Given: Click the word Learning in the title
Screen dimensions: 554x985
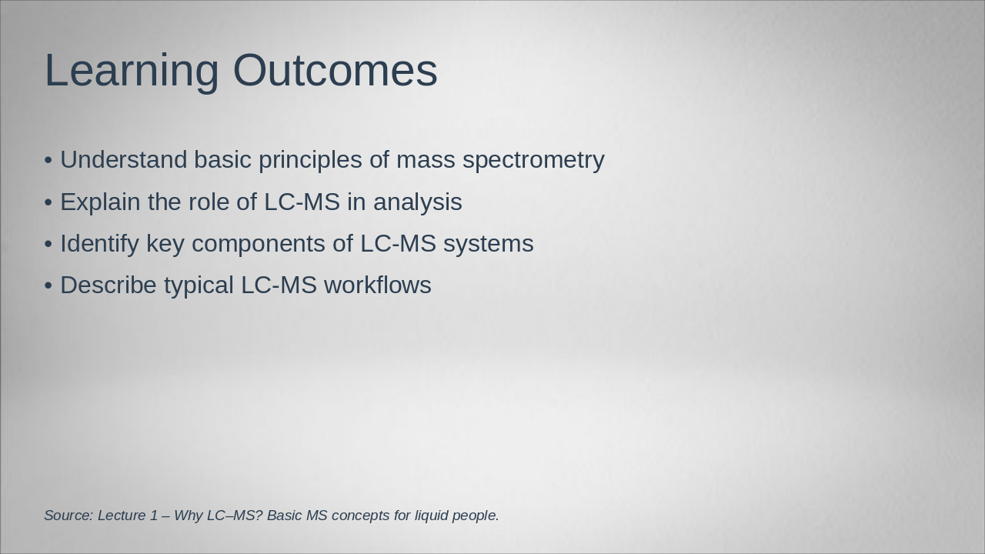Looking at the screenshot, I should coord(132,71).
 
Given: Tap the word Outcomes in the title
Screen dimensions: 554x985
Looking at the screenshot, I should coord(335,71).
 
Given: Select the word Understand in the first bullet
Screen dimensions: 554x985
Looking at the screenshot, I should coord(124,160).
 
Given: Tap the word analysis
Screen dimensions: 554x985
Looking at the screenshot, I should coord(418,202).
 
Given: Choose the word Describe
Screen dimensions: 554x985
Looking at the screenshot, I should coord(109,285).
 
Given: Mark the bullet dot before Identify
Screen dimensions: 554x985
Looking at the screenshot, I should coord(48,244).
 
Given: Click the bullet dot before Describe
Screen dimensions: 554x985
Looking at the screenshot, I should coord(48,285).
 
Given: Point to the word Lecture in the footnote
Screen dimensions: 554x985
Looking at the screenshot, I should coord(122,516).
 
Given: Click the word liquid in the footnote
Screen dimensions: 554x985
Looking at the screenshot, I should coord(431,516).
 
